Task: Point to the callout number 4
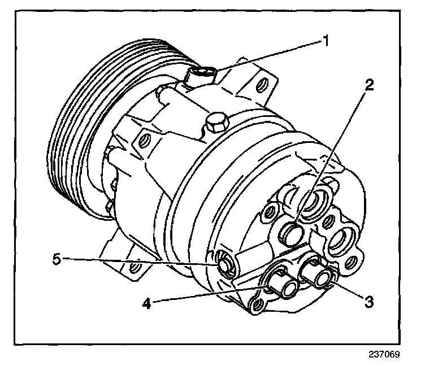(146, 303)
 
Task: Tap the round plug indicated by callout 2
(290, 233)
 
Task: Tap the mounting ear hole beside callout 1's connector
(261, 86)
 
